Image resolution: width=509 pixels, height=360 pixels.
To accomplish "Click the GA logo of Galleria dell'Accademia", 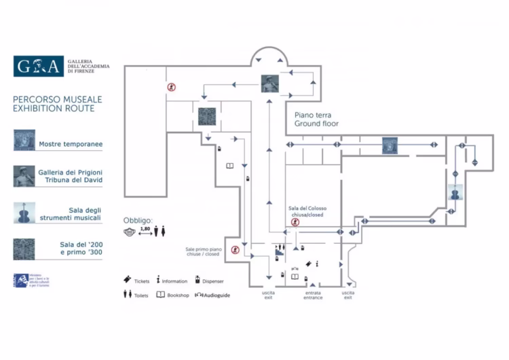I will pyautogui.click(x=38, y=66).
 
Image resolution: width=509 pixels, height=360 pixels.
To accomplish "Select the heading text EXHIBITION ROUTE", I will pyautogui.click(x=54, y=109).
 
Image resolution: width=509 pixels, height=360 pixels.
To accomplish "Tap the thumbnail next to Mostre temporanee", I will pyautogui.click(x=24, y=140).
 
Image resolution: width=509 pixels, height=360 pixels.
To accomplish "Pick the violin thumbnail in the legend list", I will pyautogui.click(x=24, y=213).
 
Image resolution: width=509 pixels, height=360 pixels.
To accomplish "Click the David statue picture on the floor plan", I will pyautogui.click(x=269, y=84).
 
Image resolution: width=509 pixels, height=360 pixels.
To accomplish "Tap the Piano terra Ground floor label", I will pyautogui.click(x=316, y=120).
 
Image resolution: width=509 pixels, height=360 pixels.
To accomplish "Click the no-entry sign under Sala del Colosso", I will pyautogui.click(x=295, y=222).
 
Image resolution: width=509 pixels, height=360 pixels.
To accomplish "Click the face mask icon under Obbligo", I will pyautogui.click(x=130, y=232).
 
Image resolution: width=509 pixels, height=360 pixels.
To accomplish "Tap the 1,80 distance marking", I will pyautogui.click(x=145, y=230).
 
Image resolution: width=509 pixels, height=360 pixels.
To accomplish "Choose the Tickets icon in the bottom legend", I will pyautogui.click(x=127, y=279).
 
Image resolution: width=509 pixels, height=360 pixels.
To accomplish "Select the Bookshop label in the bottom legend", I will pyautogui.click(x=178, y=295).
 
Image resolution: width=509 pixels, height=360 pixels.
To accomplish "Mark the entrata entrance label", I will pyautogui.click(x=313, y=295).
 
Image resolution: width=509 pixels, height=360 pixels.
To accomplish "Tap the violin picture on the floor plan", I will pyautogui.click(x=455, y=194).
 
